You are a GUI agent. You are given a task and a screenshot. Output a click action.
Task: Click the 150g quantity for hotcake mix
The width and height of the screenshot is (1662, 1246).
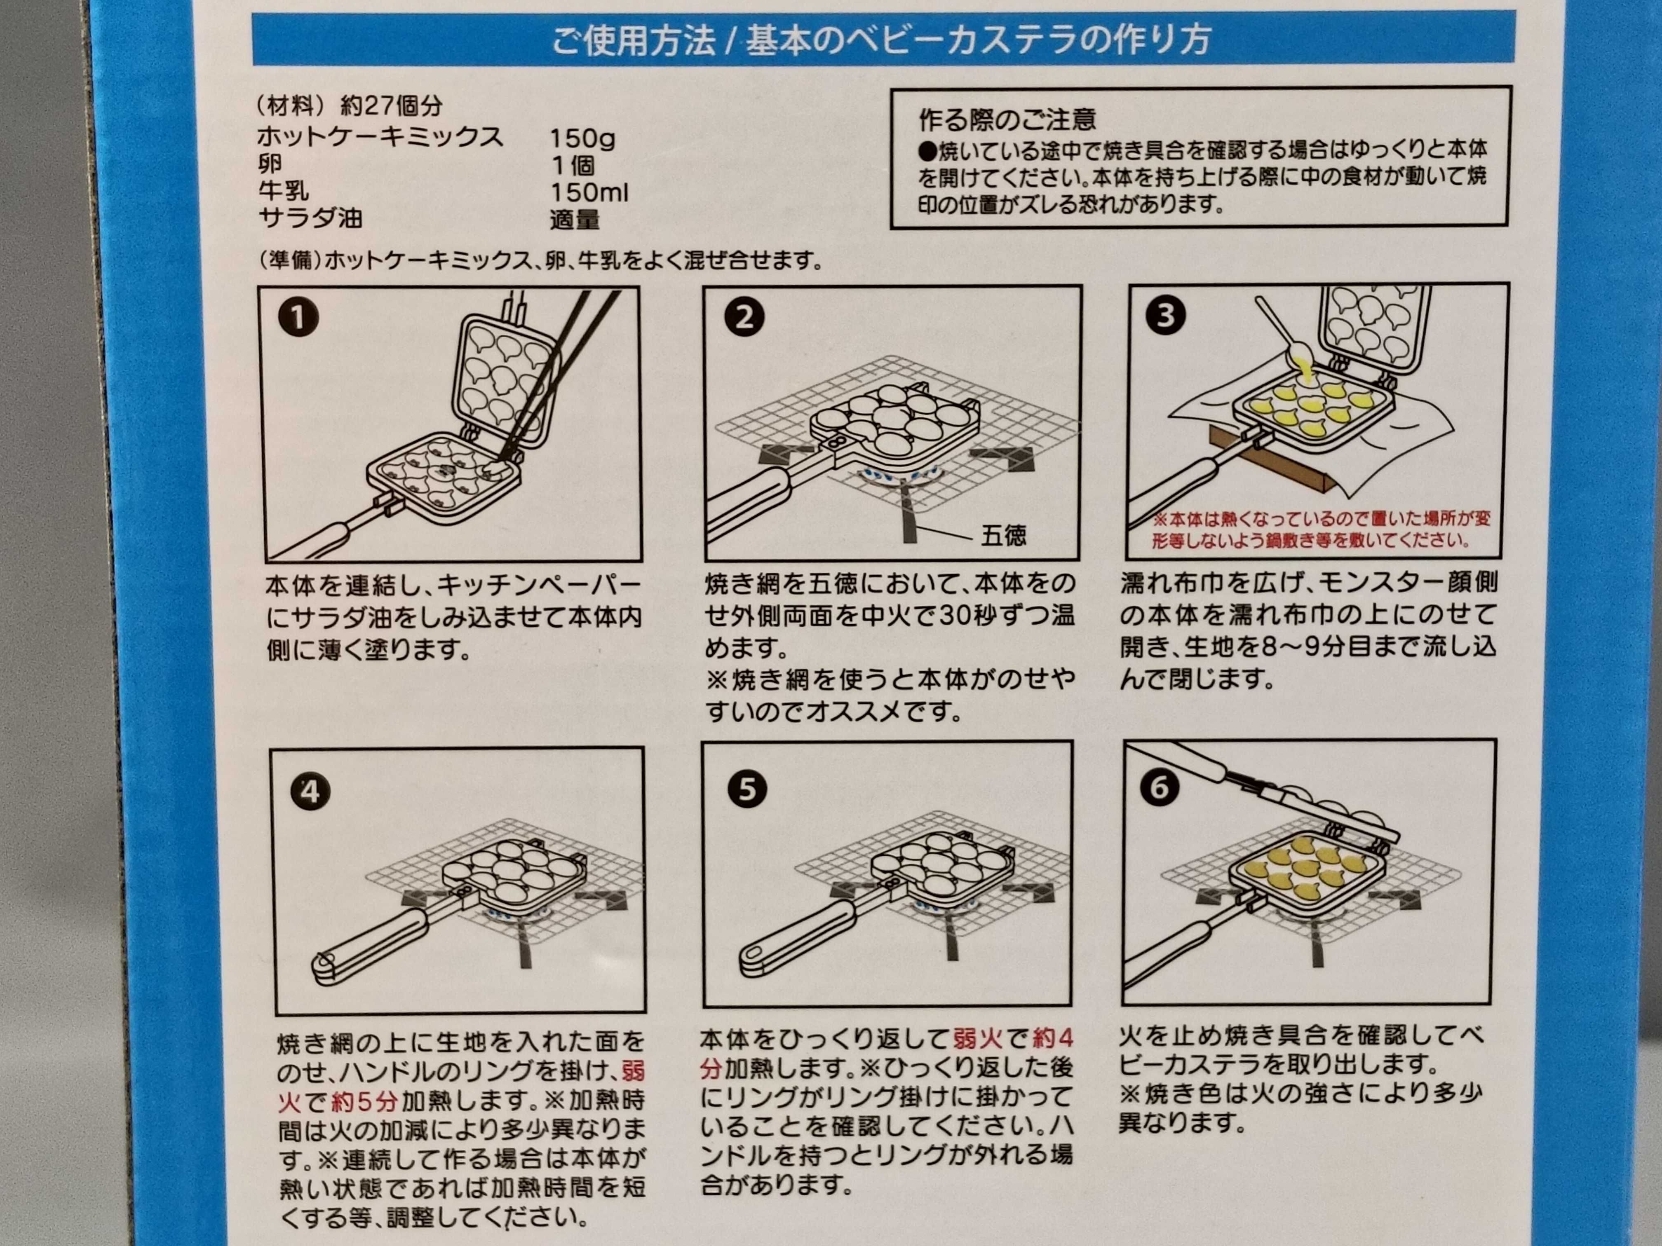(582, 138)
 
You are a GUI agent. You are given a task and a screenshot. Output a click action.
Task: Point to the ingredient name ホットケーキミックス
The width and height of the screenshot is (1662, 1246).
(380, 137)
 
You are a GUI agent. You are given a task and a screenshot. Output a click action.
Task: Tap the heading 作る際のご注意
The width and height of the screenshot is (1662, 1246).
(1007, 119)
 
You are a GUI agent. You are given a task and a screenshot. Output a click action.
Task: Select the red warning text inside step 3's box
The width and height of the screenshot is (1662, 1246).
(1321, 529)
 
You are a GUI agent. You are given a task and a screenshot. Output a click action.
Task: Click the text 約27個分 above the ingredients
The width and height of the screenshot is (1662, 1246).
(392, 106)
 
